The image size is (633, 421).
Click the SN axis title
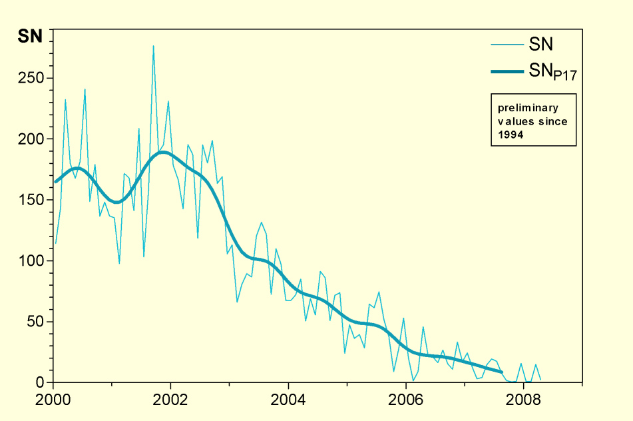29,37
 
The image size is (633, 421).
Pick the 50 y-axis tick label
37,322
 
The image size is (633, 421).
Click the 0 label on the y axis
41,383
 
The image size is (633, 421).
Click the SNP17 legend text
552,73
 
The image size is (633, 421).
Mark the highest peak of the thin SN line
153,46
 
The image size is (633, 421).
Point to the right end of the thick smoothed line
502,372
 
